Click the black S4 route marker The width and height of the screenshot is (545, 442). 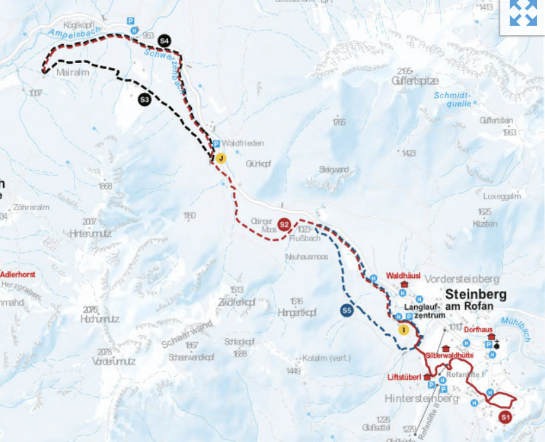(165, 41)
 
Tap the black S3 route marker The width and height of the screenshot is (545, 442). (144, 100)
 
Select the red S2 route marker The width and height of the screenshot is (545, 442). (285, 224)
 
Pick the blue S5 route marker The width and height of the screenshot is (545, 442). (346, 311)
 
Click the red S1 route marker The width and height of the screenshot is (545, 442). (504, 417)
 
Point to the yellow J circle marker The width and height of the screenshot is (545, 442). (220, 158)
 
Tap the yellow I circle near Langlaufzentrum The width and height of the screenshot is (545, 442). (404, 330)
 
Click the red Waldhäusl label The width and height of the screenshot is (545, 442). (403, 275)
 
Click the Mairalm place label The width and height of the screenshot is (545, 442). (74, 71)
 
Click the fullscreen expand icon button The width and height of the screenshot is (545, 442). (523, 13)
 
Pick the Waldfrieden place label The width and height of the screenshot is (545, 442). (243, 143)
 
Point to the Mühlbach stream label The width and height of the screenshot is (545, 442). (514, 327)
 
